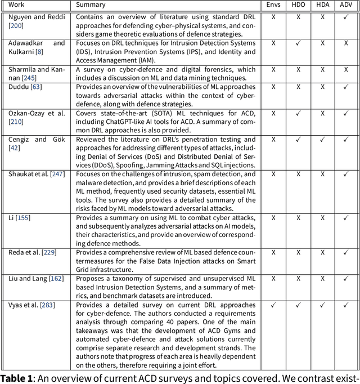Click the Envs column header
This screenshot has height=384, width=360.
pos(273,5)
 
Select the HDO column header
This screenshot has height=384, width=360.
pos(298,5)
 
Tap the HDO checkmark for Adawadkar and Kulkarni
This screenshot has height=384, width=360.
pos(298,43)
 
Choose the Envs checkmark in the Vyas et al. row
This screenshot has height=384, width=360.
pos(273,305)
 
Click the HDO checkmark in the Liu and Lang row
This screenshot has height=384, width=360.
pos(298,279)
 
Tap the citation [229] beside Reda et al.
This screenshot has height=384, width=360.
pos(49,253)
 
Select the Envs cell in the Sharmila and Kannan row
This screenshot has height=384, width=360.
pos(273,69)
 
